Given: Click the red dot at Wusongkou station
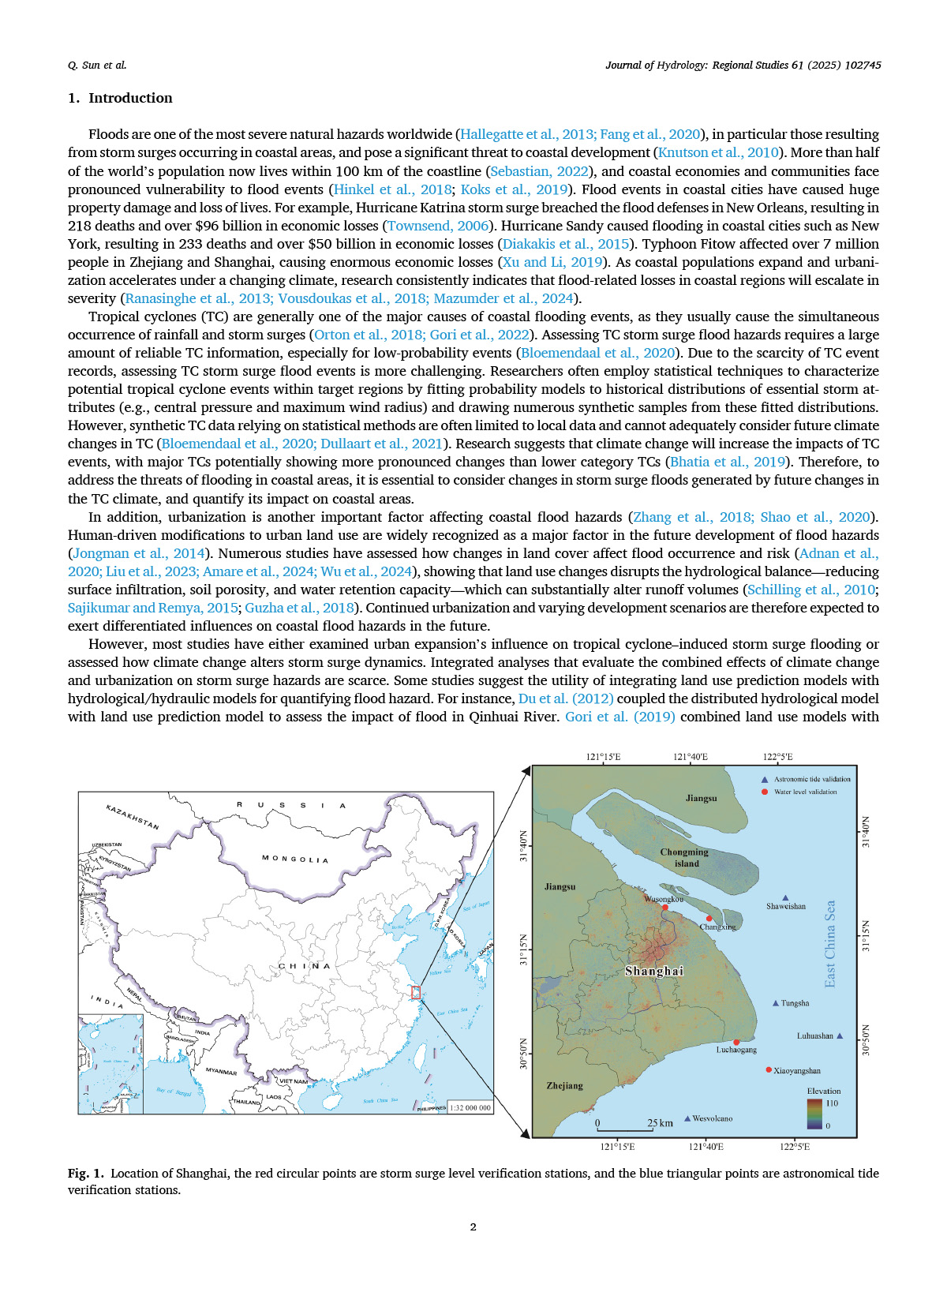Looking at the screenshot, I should (x=665, y=908).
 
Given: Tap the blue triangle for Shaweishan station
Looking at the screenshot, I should (x=785, y=898).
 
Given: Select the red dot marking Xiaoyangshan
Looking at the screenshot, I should (x=769, y=1070).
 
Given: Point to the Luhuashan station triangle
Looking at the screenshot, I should (x=840, y=1035).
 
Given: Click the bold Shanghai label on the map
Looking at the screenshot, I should (x=653, y=972).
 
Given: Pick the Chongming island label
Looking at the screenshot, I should (x=684, y=858).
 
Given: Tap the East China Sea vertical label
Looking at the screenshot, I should (x=830, y=944).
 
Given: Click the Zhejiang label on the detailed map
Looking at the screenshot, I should (x=565, y=1086).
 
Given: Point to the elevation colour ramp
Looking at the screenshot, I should (x=814, y=1114).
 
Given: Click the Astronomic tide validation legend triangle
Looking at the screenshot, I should (x=764, y=779).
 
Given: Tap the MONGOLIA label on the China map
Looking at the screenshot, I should (x=295, y=859).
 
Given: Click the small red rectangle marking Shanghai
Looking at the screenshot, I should (x=416, y=993).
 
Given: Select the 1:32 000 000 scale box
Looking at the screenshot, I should (x=470, y=1107).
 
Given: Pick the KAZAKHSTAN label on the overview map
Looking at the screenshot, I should (x=133, y=817).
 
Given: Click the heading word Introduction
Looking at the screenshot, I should (x=130, y=98).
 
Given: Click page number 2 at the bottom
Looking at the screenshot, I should (x=473, y=1226).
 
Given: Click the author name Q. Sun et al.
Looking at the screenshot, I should (x=97, y=66).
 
